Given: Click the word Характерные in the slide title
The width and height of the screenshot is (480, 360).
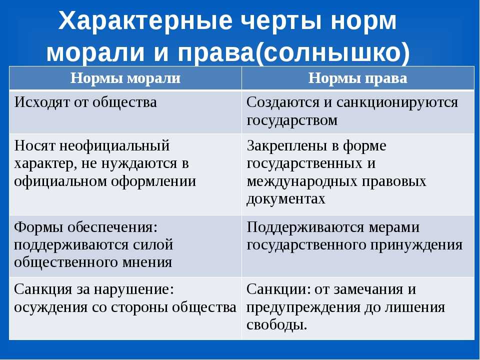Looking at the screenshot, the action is (145, 21).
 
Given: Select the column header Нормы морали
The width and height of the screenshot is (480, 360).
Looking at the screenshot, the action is (125, 78).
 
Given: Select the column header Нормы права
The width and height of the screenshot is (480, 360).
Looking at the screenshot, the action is (357, 78).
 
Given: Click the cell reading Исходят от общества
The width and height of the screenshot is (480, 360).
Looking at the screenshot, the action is (85, 102).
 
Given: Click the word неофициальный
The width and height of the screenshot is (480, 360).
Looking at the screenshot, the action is (114, 145).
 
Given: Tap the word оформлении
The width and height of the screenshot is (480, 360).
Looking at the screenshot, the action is (153, 181).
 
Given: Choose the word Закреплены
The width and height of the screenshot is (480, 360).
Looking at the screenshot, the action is (286, 145).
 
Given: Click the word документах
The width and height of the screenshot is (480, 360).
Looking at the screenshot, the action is (285, 199).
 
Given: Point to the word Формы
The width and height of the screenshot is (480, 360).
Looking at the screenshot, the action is (38, 227).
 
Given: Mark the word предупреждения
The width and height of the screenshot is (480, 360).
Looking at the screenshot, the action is (303, 307).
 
